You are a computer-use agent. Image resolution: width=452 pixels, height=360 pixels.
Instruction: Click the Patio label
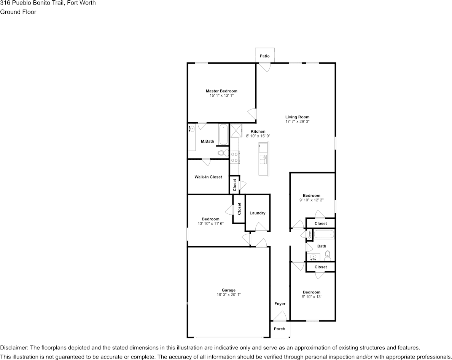tap(264, 56)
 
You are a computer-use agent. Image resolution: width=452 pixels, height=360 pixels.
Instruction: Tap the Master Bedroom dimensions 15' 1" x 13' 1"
tap(221, 96)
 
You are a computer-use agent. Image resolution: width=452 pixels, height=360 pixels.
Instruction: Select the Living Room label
tap(297, 117)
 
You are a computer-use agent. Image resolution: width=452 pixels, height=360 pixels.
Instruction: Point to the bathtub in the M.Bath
tap(224, 134)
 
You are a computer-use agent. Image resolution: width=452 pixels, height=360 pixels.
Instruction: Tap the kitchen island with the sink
tap(263, 159)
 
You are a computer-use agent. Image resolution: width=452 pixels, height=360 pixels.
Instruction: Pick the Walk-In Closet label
tap(208, 177)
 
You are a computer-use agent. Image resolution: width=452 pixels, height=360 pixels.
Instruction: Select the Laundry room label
tap(257, 213)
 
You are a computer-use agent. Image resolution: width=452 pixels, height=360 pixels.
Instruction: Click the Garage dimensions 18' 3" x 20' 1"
tap(229, 295)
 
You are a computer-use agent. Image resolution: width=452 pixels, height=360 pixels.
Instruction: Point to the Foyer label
tap(280, 304)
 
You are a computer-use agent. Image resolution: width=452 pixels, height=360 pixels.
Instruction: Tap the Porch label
tap(280, 329)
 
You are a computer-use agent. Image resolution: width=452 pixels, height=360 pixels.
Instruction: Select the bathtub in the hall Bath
tap(324, 234)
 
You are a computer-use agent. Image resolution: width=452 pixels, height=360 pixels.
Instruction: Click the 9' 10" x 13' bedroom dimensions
tap(311, 297)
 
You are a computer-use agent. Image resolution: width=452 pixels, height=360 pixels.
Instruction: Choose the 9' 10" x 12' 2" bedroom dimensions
tap(311, 200)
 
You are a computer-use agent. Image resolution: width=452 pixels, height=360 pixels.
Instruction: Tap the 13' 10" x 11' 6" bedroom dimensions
tap(210, 223)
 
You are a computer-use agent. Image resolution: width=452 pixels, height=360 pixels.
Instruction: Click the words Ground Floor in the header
tap(18, 12)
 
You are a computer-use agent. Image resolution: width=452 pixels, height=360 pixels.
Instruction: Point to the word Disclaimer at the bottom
tap(14, 348)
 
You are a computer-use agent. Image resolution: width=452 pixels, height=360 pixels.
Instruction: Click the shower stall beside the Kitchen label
tap(236, 130)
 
